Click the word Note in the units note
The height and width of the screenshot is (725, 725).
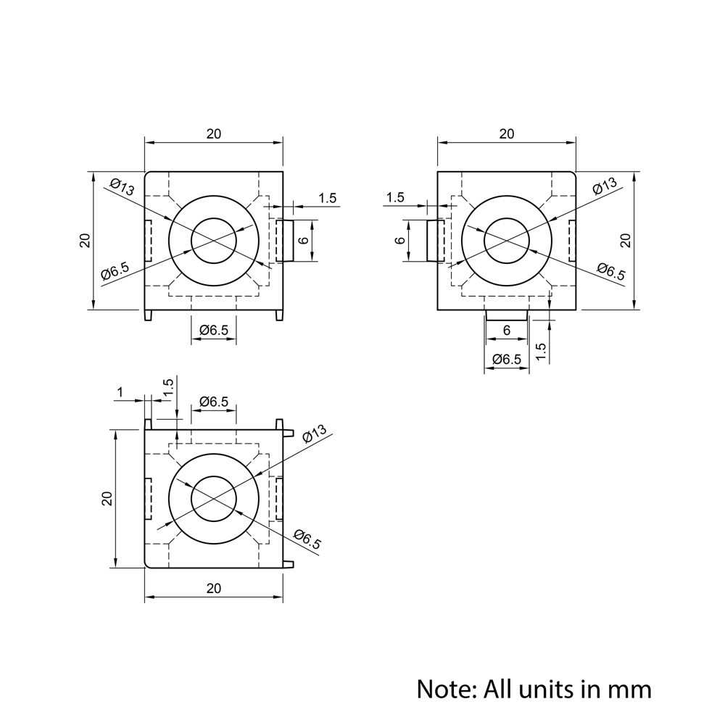(x=443, y=688)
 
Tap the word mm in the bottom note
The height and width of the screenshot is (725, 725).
(x=631, y=688)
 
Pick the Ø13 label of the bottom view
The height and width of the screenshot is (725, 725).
(x=313, y=434)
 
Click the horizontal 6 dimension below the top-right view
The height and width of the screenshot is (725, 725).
(x=506, y=330)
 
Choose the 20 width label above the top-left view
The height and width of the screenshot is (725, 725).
(x=213, y=133)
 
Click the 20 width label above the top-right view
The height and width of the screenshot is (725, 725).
(x=506, y=133)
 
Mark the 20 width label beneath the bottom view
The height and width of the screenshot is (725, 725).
(x=213, y=588)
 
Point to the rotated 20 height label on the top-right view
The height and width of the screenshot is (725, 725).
(x=626, y=240)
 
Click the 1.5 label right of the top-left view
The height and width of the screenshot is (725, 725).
(x=328, y=198)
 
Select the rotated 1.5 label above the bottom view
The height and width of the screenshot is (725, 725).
(x=168, y=388)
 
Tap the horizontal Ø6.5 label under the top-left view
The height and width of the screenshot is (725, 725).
(x=213, y=330)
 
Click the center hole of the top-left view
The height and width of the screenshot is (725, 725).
(x=214, y=240)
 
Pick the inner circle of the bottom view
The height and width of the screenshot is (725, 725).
(x=214, y=498)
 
